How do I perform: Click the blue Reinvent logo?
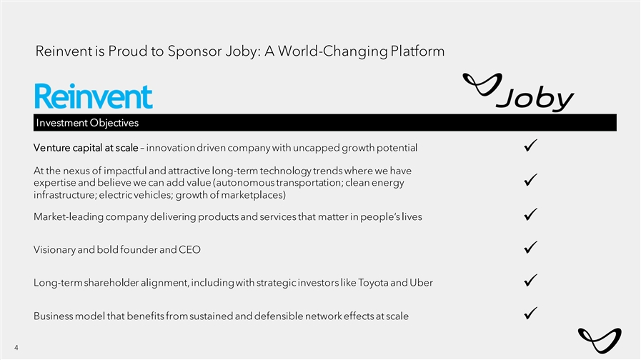pos(94,96)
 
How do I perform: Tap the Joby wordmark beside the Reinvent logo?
pos(518,92)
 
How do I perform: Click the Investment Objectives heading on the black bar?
pos(87,123)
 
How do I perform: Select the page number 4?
pos(16,348)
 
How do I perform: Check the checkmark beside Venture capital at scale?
pos(531,146)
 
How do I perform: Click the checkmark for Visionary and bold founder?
pos(531,247)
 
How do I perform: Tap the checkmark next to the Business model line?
pos(531,314)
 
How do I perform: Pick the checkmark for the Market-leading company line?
pos(531,214)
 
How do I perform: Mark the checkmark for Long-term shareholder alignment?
pos(531,280)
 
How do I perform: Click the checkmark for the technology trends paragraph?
pos(531,180)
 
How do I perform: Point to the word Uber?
pos(421,283)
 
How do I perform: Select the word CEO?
pos(189,250)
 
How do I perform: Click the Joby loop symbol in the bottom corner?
pos(600,340)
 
